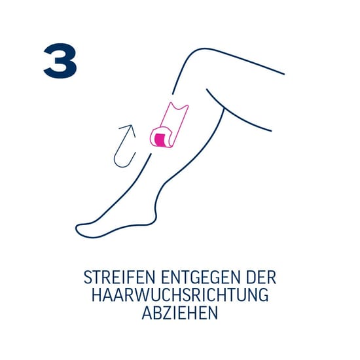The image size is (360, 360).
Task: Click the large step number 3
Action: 60,62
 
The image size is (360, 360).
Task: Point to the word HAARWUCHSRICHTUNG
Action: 179,295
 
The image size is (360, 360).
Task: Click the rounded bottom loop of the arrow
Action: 121,160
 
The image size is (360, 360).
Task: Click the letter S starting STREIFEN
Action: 88,277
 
